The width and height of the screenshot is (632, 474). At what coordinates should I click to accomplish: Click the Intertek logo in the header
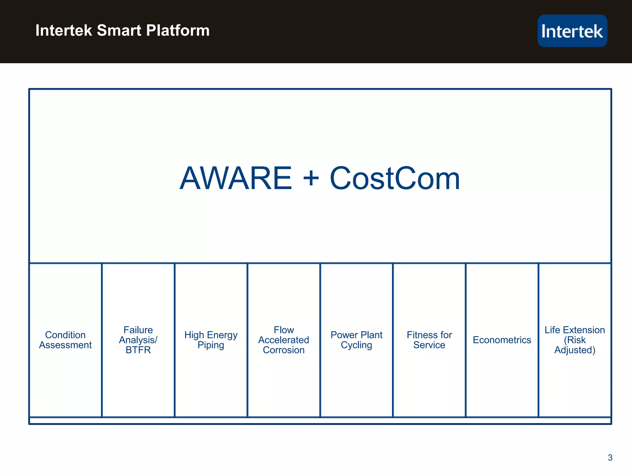coord(572,31)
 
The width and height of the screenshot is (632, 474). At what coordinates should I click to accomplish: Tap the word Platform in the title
coord(178,31)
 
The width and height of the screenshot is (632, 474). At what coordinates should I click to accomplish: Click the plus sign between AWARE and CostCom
coord(311,178)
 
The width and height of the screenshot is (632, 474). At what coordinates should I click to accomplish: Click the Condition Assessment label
coord(65,340)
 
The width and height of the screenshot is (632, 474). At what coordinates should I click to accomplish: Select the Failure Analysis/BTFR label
coord(138,340)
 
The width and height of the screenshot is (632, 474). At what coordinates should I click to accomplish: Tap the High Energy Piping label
coord(211,340)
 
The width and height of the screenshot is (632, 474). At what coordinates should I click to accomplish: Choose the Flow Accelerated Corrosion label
coord(284,340)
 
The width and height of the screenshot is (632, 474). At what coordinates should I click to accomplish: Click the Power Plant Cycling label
coord(356,340)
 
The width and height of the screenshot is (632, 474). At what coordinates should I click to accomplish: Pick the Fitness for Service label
coord(429,340)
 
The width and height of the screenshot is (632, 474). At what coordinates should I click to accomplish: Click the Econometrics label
coord(502,340)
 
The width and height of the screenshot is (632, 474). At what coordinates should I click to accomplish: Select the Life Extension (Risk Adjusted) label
coord(575,340)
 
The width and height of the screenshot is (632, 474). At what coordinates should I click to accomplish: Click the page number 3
coord(610,458)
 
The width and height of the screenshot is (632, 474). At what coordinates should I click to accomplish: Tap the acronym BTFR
coord(138,350)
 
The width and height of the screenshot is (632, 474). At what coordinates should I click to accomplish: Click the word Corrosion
coord(284,350)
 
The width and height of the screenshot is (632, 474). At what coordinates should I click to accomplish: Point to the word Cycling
coord(356,345)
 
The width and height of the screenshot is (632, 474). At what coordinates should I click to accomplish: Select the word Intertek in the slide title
coord(64,31)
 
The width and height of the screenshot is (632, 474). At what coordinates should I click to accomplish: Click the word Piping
coord(211,345)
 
